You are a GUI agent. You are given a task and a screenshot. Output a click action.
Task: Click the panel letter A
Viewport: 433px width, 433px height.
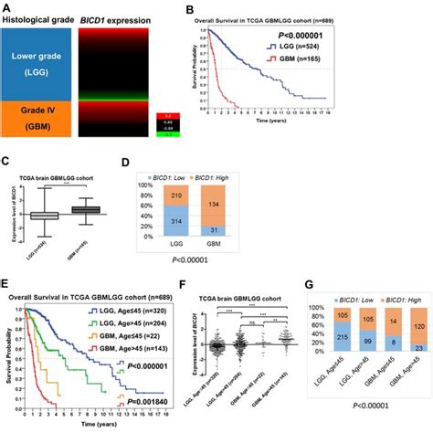pyautogui.click(x=5, y=7)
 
